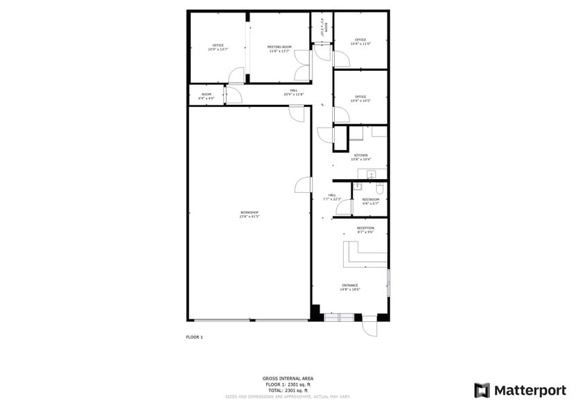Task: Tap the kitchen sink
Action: point(370,173)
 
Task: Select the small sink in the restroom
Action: point(358,186)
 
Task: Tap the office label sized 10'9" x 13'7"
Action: point(218,47)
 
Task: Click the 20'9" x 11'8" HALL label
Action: point(294,92)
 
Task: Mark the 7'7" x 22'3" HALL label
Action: point(332,197)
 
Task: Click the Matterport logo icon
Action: point(482,390)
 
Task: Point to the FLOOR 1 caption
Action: point(194,337)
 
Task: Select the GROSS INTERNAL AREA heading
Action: point(288,378)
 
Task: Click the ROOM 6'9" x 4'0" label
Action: point(206,96)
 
